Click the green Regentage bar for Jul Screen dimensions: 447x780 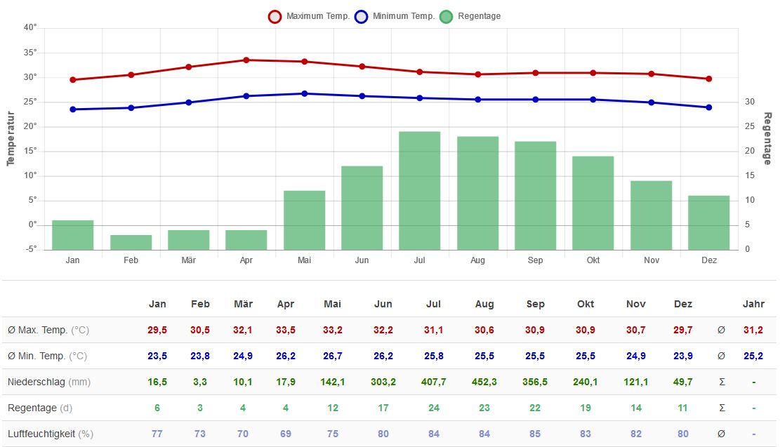tap(419, 191)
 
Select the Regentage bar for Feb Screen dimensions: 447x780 tap(131, 243)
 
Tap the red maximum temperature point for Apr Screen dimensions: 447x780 tap(246, 60)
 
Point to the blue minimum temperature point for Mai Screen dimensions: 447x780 tap(304, 93)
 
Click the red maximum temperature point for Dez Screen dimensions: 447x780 tap(708, 79)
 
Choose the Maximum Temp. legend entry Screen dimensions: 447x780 tap(309, 16)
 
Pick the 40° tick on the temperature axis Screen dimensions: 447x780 tap(30, 28)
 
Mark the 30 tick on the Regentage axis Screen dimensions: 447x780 tap(750, 102)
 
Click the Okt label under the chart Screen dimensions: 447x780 tap(593, 260)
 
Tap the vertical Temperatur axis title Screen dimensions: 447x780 tap(11, 138)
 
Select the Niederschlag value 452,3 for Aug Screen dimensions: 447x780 tap(484, 382)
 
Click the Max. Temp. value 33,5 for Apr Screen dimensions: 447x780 tap(286, 330)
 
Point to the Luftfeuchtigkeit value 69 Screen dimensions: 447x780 tap(286, 434)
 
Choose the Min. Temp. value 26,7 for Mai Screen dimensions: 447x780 tap(332, 356)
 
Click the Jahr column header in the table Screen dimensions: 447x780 tap(753, 304)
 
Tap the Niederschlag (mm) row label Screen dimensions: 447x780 tap(49, 382)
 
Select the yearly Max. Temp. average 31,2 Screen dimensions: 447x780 tap(753, 330)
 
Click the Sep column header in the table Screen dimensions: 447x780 tap(535, 304)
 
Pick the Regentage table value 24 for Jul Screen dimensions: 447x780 tap(434, 408)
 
